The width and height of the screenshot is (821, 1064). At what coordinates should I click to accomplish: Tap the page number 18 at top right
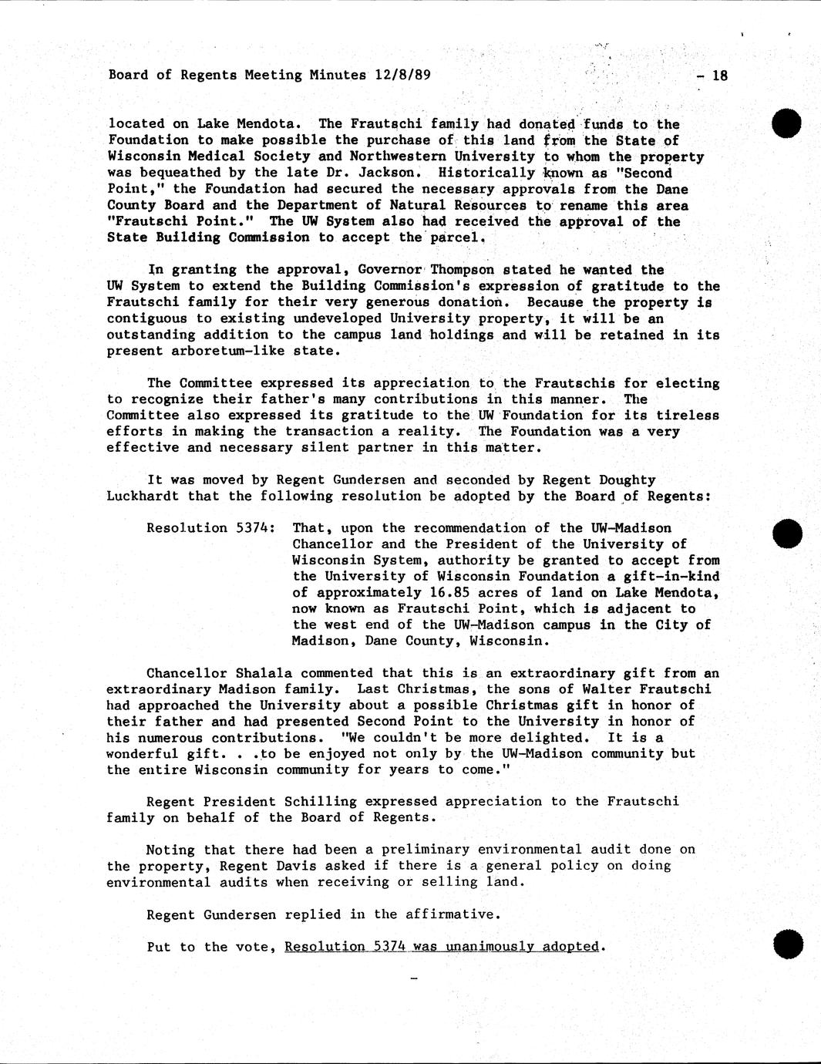coord(719,76)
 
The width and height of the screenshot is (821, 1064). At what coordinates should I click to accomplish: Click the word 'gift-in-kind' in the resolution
coord(671,577)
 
